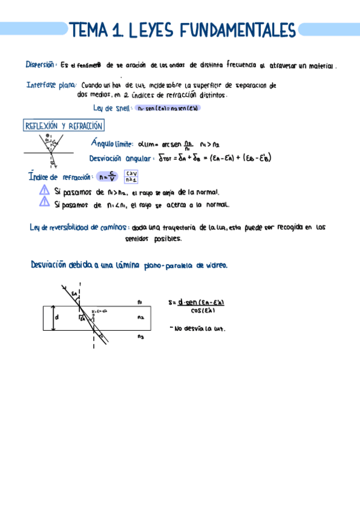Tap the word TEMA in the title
pos(89,30)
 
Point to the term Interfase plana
pos(50,85)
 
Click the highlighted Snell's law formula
pos(168,108)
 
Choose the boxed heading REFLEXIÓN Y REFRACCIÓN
pos(63,126)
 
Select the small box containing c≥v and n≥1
pos(132,176)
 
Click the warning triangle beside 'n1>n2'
pos(44,190)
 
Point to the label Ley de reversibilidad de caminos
pos(79,227)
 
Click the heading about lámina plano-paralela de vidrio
pos(129,265)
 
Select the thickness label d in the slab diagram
pos(57,317)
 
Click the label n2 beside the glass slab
pos(139,317)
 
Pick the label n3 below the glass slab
pos(139,336)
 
